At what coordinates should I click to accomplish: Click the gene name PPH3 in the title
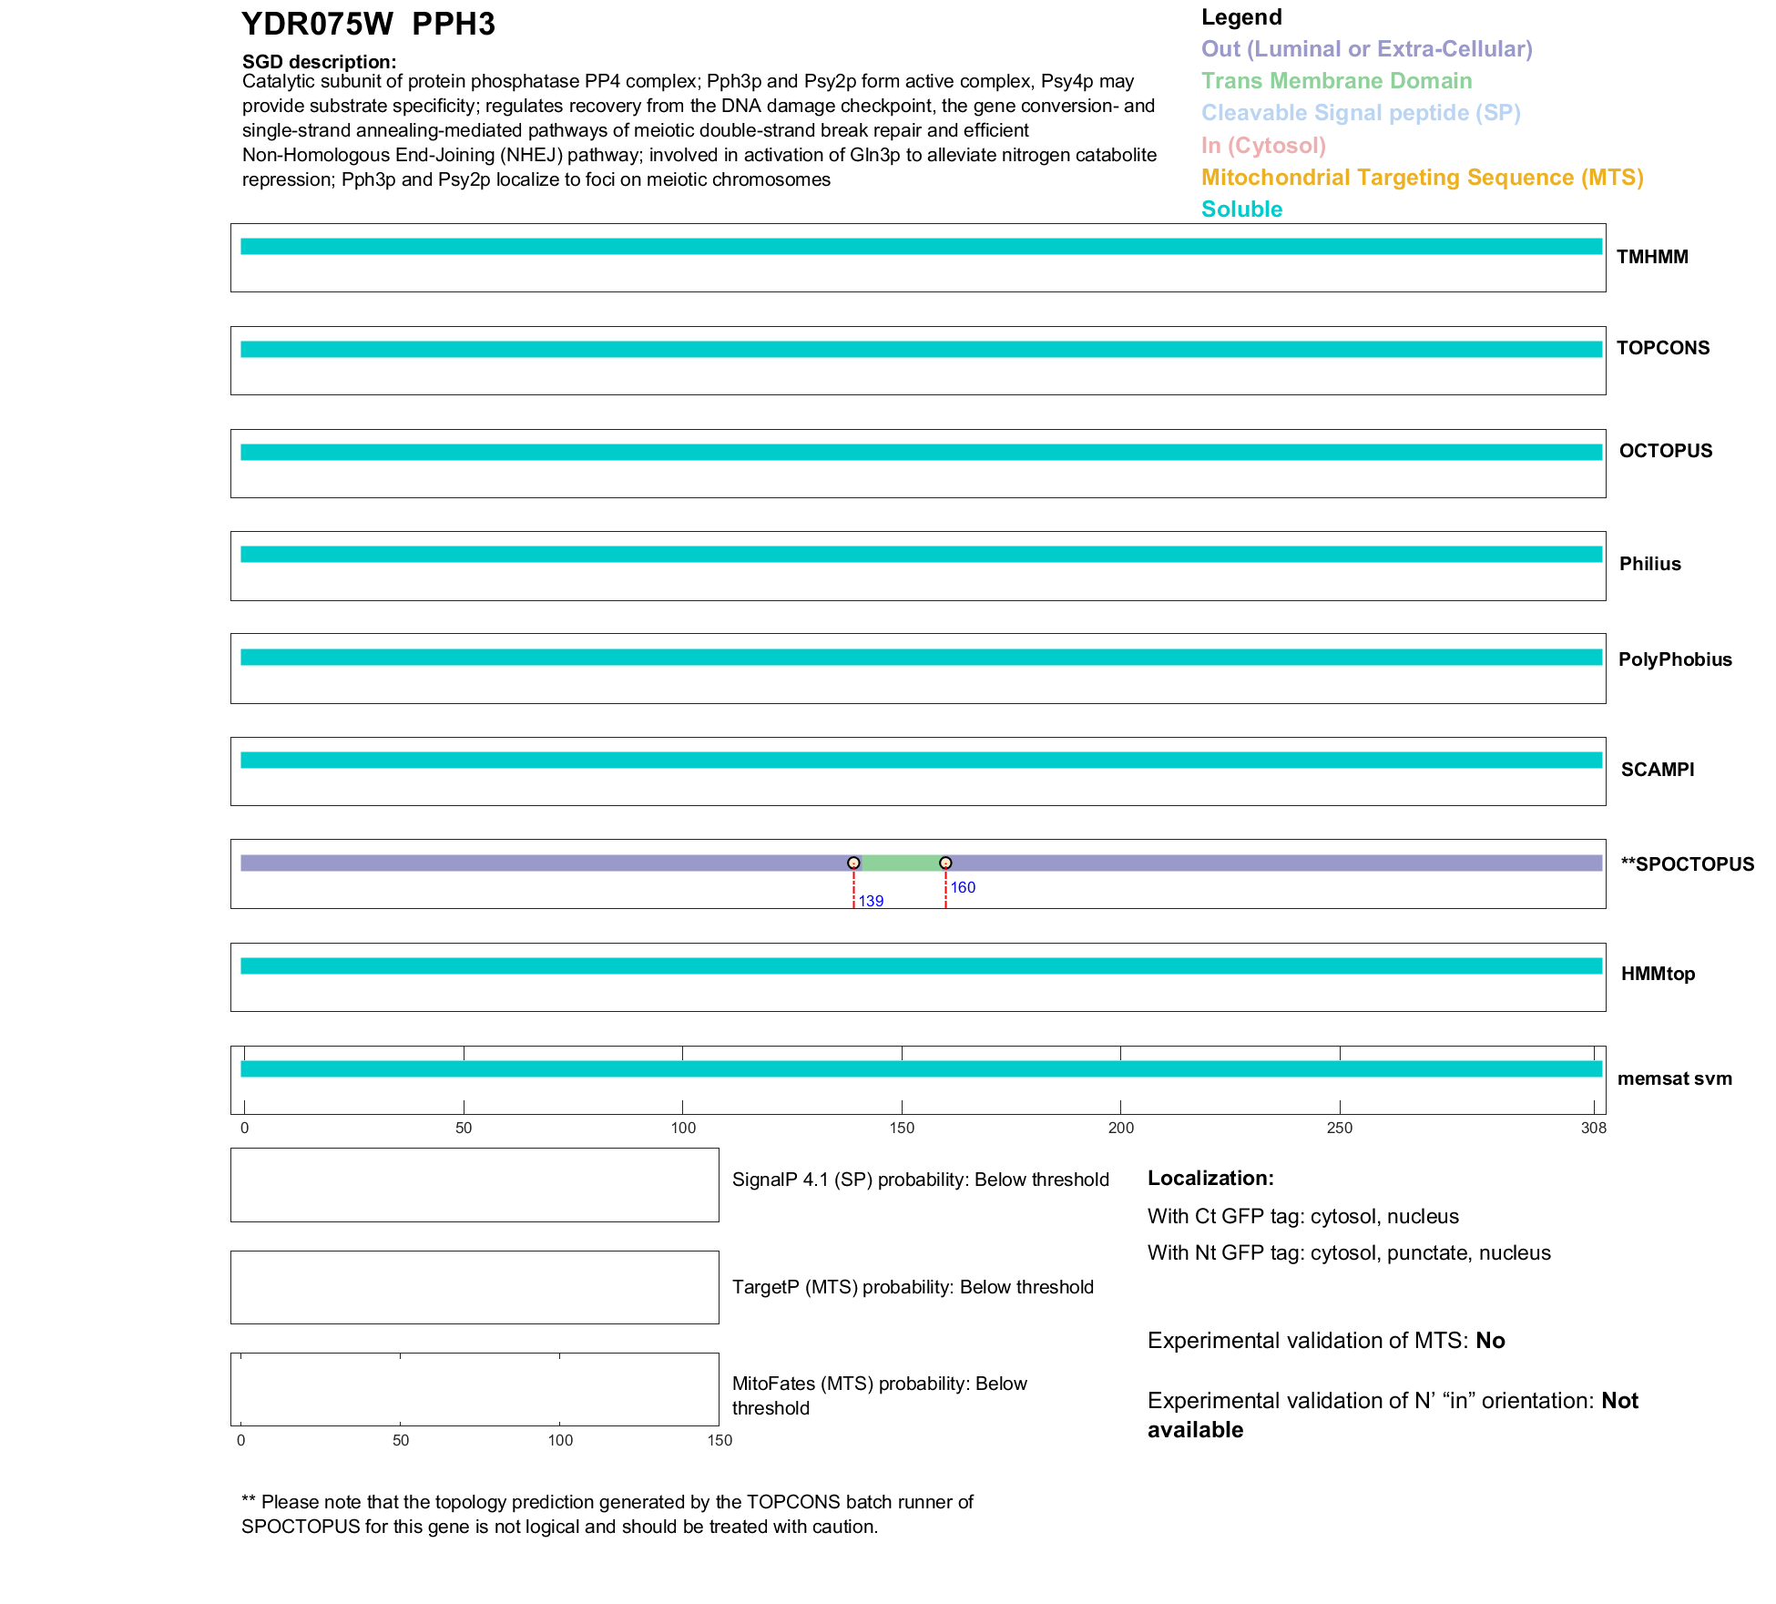coord(453,25)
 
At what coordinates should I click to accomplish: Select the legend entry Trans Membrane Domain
coord(1336,81)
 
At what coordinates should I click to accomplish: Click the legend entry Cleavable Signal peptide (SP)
coord(1361,113)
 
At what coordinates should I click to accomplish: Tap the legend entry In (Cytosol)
coord(1263,146)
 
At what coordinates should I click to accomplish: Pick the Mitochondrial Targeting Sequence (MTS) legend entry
coord(1422,178)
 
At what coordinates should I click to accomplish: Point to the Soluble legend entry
coord(1241,209)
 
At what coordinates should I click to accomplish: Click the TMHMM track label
coord(1652,257)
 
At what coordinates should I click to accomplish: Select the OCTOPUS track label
coord(1665,451)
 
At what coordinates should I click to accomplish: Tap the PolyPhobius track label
coord(1675,659)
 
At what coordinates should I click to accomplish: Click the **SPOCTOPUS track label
coord(1687,864)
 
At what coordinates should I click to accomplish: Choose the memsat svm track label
coord(1674,1078)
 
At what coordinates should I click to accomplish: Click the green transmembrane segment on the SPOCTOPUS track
coord(899,863)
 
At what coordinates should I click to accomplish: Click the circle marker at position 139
coord(853,863)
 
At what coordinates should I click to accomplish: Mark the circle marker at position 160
coord(945,863)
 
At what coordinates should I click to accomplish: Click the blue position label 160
coord(963,888)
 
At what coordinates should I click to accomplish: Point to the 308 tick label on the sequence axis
coord(1594,1129)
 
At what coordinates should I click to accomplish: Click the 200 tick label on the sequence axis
coord(1121,1129)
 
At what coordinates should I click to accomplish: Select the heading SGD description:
coord(319,62)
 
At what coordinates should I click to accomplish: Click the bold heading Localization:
coord(1210,1179)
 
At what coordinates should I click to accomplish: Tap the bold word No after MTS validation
coord(1490,1341)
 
